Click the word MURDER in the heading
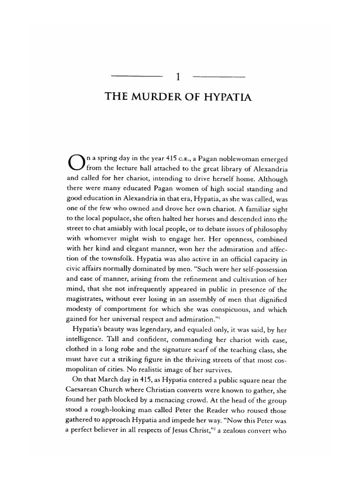tap(159, 97)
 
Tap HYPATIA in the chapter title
tap(229, 97)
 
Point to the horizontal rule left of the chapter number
tap(138, 76)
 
